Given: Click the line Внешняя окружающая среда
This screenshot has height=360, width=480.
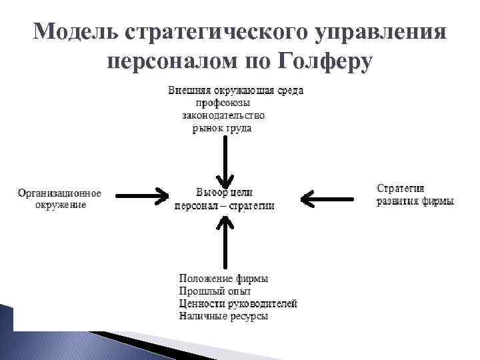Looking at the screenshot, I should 234,90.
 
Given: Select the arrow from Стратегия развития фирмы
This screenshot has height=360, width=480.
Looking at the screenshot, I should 327,197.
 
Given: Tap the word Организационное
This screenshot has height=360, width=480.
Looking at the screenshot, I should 60,193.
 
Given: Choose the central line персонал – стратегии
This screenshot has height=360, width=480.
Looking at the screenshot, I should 224,206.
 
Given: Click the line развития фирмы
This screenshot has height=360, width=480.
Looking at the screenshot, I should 415,201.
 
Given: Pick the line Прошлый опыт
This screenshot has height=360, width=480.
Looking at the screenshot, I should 215,291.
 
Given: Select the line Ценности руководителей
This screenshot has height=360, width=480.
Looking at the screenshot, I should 238,303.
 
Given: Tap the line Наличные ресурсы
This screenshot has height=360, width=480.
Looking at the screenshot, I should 223,316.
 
